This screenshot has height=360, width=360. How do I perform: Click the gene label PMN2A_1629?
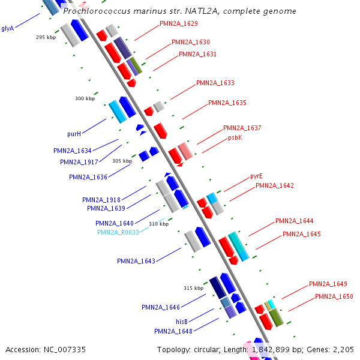(x=179, y=24)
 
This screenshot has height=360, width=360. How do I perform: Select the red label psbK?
(x=235, y=137)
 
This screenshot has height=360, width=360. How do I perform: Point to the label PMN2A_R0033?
(x=118, y=232)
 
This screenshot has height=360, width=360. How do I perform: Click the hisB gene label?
(x=182, y=322)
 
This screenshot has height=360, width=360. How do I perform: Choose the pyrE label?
(x=256, y=176)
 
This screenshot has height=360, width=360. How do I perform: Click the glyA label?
(x=7, y=28)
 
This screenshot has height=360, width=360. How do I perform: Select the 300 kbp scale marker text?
(x=85, y=99)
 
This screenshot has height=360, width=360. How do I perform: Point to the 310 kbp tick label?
(x=159, y=224)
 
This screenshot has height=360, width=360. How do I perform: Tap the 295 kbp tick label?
(x=46, y=37)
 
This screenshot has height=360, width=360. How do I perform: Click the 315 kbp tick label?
(x=194, y=288)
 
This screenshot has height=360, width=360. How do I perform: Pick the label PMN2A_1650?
(x=334, y=296)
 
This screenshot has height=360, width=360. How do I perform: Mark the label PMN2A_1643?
(x=136, y=261)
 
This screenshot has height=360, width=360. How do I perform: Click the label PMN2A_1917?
(x=79, y=162)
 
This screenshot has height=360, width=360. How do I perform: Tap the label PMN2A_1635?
(x=227, y=103)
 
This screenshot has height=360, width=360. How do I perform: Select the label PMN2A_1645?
(x=302, y=234)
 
